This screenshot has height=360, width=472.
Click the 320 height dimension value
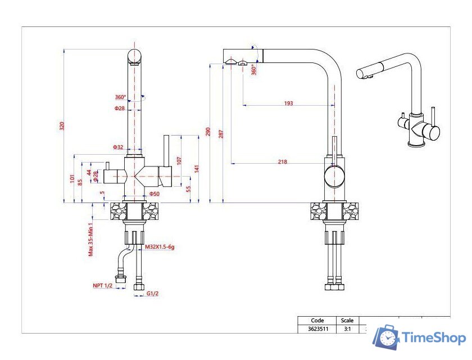(x=62, y=126)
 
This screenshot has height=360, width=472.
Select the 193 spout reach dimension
(x=288, y=103)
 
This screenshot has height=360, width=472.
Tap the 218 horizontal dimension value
(x=282, y=162)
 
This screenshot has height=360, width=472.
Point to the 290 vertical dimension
(x=208, y=132)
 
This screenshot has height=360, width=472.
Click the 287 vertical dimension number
(x=221, y=134)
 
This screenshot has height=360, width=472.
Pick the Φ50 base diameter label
(x=155, y=194)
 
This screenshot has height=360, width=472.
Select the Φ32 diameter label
(x=118, y=147)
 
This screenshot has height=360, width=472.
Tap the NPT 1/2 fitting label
(x=103, y=286)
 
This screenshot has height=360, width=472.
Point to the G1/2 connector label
(x=152, y=294)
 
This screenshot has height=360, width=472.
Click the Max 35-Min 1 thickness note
(x=90, y=238)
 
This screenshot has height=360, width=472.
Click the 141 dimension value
(x=197, y=168)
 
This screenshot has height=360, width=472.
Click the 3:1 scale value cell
(x=347, y=329)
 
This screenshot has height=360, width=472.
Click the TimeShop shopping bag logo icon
(x=387, y=337)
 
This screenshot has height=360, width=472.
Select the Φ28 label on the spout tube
(x=120, y=108)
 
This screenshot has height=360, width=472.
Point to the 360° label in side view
(x=254, y=70)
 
